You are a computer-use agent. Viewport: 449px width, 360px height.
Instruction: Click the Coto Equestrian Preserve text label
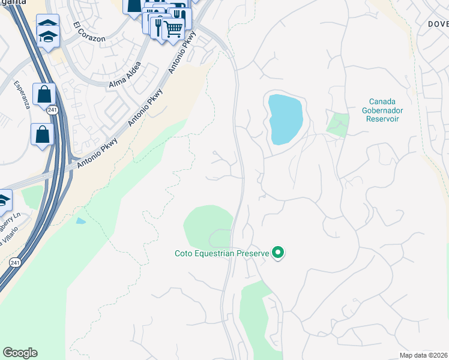tap(221, 253)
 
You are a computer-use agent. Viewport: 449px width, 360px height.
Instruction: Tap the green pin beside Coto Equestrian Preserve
tap(277, 253)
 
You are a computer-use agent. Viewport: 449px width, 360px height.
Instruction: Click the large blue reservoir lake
tap(285, 118)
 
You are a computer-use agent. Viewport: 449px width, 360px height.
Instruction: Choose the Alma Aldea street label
tap(125, 76)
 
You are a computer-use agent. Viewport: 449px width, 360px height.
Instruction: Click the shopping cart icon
tap(173, 28)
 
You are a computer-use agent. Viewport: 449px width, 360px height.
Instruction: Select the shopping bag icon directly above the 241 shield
tap(44, 94)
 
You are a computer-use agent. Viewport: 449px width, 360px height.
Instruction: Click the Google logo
tap(20, 353)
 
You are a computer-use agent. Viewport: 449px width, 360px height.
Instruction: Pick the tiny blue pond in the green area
tap(80, 221)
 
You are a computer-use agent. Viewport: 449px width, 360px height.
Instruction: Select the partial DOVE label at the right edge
tap(438, 24)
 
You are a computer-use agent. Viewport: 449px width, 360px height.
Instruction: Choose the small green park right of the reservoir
tap(337, 124)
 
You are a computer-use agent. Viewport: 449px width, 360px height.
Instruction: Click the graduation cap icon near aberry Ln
tap(4, 200)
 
